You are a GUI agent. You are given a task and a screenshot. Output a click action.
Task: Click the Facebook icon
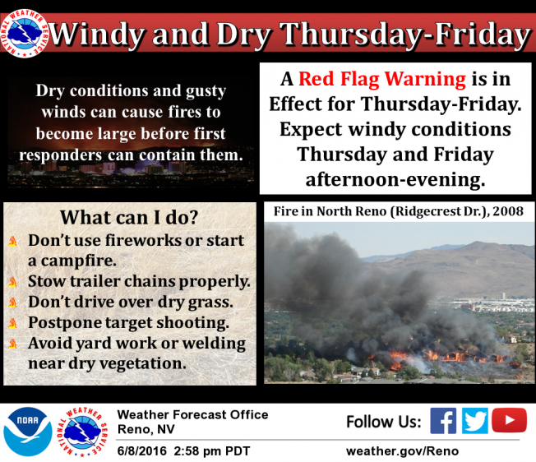tap(443, 421)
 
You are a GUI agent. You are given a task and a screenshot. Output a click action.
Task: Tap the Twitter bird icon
tap(475, 421)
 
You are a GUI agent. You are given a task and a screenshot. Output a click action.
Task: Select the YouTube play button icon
tap(510, 420)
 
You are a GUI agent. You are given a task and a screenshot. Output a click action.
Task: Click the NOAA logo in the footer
tap(28, 432)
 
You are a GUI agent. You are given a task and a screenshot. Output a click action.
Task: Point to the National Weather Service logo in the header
tap(25, 34)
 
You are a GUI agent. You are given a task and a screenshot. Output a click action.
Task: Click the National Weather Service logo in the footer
tap(82, 432)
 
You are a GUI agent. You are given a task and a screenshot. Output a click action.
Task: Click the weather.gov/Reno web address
tap(402, 451)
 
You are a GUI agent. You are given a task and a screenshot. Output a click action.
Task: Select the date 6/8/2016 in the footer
tap(142, 451)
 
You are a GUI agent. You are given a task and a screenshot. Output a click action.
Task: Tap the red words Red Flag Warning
tap(382, 79)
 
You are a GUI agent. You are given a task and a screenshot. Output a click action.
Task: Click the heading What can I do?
tap(129, 217)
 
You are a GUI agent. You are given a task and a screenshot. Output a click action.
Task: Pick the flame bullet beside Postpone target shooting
tap(12, 323)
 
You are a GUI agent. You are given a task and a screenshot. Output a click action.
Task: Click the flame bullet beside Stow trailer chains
tap(12, 282)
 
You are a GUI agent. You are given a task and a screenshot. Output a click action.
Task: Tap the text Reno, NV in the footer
tap(146, 429)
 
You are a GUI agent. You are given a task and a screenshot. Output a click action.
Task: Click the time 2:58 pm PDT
tap(212, 451)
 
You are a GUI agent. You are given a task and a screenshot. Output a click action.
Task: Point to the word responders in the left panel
tap(61, 155)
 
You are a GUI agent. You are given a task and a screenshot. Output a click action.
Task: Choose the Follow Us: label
tap(384, 422)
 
